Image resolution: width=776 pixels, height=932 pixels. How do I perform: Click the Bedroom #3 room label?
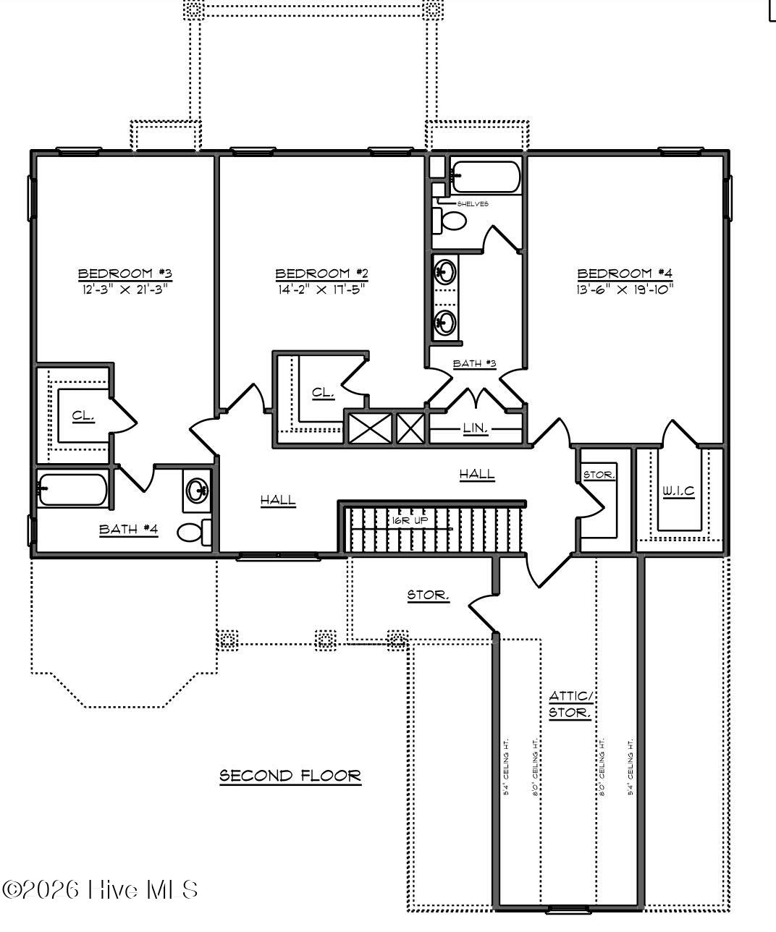click(x=125, y=274)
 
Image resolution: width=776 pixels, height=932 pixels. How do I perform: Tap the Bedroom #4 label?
click(x=625, y=274)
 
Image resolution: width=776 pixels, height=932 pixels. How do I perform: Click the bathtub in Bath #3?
click(x=485, y=177)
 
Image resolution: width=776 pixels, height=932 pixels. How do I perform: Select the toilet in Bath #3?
click(x=451, y=220)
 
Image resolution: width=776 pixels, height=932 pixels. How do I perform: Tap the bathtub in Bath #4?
click(x=72, y=489)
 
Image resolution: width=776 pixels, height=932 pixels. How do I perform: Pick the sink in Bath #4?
click(x=197, y=491)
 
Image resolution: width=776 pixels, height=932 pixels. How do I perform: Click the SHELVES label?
click(x=473, y=204)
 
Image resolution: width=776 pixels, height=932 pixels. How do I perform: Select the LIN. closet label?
click(x=476, y=429)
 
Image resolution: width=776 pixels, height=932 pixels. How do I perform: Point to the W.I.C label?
click(x=678, y=491)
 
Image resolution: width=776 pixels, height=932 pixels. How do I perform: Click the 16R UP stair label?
click(x=410, y=520)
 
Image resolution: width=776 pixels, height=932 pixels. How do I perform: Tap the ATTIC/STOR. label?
click(x=570, y=704)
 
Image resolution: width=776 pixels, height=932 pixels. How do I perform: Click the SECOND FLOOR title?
click(x=290, y=776)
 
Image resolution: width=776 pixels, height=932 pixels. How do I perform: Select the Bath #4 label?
click(x=128, y=529)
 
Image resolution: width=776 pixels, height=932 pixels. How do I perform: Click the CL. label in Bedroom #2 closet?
click(x=323, y=393)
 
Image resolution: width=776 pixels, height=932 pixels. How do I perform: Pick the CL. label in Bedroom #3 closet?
click(x=83, y=415)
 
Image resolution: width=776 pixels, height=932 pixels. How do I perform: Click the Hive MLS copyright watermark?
click(x=101, y=889)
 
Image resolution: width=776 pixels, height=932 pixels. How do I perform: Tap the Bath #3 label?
click(x=474, y=363)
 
